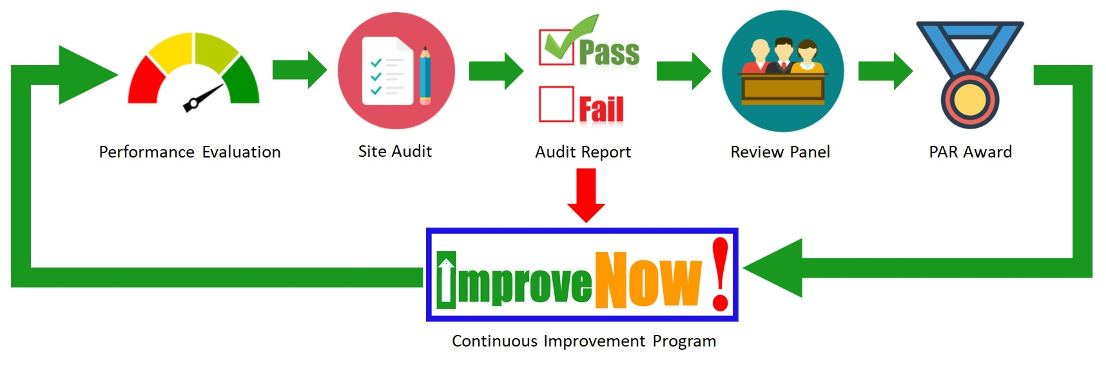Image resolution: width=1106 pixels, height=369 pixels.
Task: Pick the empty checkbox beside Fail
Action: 556,104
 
